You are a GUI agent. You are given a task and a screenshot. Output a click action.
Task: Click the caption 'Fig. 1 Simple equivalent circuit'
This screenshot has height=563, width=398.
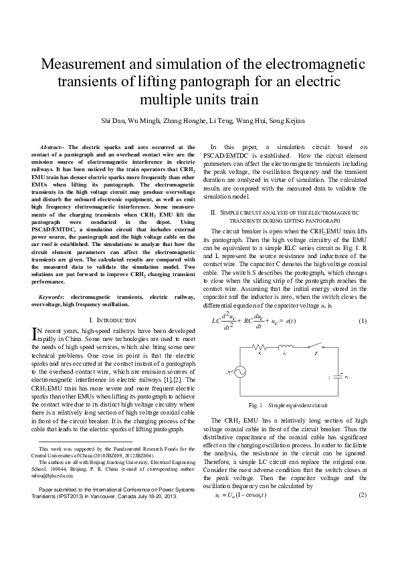pos(288,406)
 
